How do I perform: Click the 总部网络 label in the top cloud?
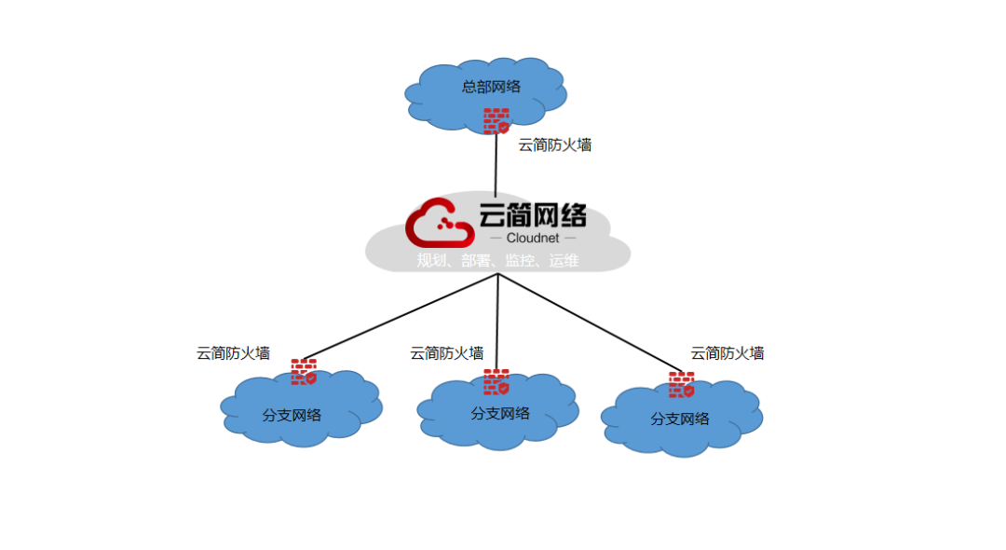(491, 87)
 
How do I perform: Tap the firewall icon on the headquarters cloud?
(496, 120)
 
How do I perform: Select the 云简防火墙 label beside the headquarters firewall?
(555, 144)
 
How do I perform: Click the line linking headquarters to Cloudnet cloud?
(496, 168)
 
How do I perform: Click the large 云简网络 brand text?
(533, 215)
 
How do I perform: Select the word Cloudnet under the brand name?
(533, 239)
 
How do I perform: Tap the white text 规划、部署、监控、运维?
(497, 261)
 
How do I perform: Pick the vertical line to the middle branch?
(497, 322)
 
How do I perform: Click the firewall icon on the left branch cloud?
(304, 372)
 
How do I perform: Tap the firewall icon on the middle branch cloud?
(496, 382)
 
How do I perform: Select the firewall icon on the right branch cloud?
(682, 385)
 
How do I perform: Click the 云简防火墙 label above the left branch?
(233, 353)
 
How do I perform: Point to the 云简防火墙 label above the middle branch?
(447, 353)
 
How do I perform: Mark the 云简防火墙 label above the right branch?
(727, 353)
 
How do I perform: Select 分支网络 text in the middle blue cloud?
(500, 413)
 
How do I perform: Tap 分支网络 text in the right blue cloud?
(680, 419)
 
